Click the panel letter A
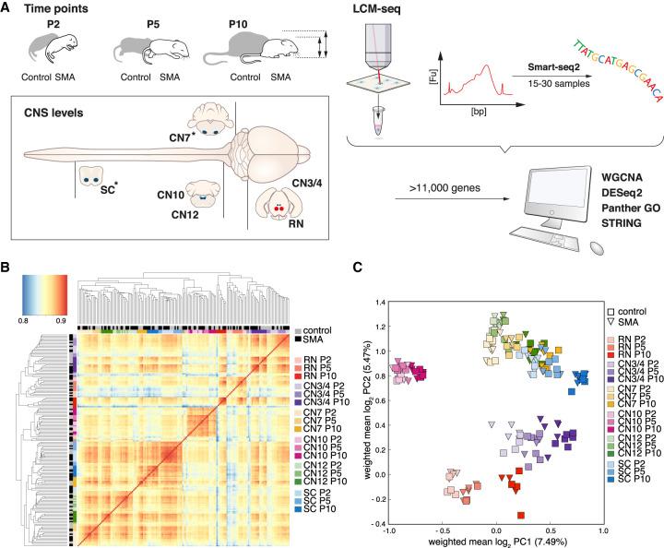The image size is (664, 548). [x=8, y=8]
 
